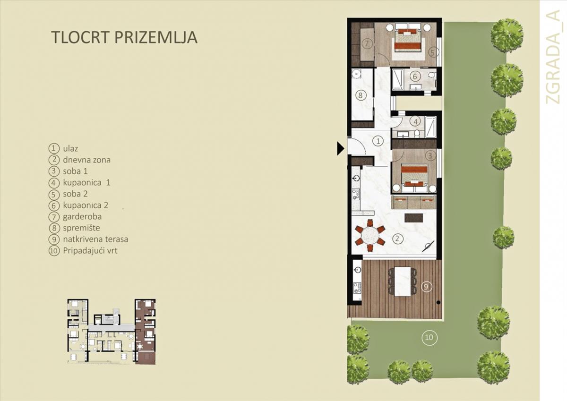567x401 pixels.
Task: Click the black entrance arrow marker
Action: [340, 148]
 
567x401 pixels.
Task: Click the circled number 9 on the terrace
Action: [426, 287]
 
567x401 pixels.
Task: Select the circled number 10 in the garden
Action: [430, 337]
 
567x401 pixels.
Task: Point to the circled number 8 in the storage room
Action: [361, 95]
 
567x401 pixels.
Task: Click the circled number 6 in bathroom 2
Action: [415, 76]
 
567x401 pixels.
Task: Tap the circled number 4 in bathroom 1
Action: [415, 122]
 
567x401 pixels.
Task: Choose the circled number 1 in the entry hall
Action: [378, 141]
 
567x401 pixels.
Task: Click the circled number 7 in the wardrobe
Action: [366, 43]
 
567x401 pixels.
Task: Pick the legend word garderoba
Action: [82, 217]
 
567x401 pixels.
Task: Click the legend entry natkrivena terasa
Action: [95, 239]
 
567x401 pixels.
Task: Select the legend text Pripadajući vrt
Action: [90, 251]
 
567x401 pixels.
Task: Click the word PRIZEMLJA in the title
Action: [156, 37]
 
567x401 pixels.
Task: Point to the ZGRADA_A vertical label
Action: [553, 57]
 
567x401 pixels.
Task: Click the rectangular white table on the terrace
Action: [403, 281]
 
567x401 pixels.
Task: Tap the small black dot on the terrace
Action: [438, 302]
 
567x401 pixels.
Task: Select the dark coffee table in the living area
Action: [414, 218]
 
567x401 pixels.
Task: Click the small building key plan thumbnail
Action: [112, 332]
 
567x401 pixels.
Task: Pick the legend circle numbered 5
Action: [53, 194]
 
